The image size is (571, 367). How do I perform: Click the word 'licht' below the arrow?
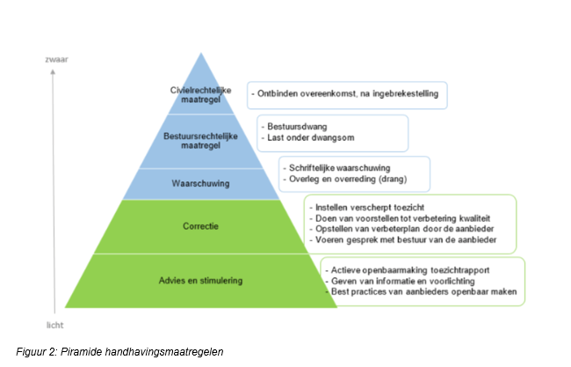55,324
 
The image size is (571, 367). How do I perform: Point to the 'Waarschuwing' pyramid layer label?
201,184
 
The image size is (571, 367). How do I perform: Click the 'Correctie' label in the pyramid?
201,226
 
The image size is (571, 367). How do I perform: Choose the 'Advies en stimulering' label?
201,281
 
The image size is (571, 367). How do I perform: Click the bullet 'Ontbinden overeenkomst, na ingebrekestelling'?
349,92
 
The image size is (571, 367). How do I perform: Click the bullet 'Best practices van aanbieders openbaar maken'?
420,292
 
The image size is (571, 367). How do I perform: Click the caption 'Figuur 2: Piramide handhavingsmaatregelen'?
119,352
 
